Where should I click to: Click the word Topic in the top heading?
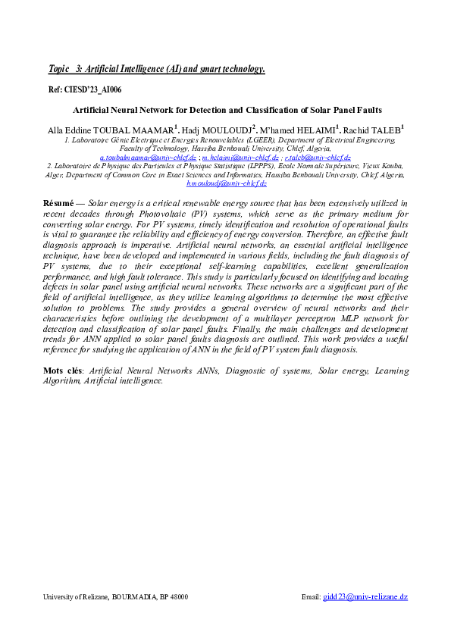pyautogui.click(x=58, y=69)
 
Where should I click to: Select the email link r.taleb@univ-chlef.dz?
pyautogui.click(x=318, y=156)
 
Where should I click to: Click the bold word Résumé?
pyautogui.click(x=57, y=204)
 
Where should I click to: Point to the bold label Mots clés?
pyautogui.click(x=64, y=371)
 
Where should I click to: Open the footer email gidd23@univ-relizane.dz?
pyautogui.click(x=365, y=597)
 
